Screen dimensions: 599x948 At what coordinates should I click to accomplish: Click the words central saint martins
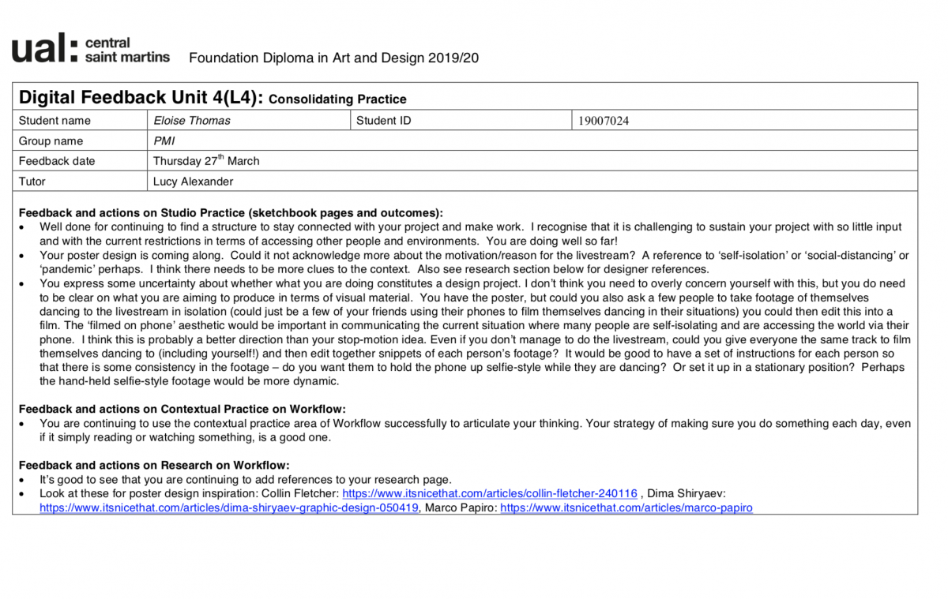[126, 50]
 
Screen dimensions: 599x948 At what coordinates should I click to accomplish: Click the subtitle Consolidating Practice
[337, 99]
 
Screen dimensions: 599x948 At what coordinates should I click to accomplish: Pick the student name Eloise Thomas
[192, 121]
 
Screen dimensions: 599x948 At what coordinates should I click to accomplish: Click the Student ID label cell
[383, 121]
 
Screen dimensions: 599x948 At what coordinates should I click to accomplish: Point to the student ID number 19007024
[604, 121]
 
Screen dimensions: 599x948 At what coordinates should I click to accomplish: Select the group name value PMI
[164, 141]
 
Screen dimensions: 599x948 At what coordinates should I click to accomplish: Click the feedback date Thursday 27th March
[206, 161]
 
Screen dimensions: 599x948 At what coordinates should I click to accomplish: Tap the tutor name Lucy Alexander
[193, 182]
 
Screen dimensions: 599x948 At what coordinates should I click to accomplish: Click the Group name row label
[51, 141]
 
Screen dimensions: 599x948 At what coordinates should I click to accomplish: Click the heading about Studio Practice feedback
[231, 213]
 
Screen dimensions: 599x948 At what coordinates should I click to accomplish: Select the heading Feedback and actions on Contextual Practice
[182, 409]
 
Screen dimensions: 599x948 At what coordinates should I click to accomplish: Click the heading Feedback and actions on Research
[154, 466]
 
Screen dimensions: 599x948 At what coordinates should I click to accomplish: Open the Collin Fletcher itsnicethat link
[489, 494]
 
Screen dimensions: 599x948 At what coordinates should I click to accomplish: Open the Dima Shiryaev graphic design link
[229, 508]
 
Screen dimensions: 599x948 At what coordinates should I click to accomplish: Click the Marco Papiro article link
[626, 508]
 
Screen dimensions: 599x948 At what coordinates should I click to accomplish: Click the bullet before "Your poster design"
[22, 256]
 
